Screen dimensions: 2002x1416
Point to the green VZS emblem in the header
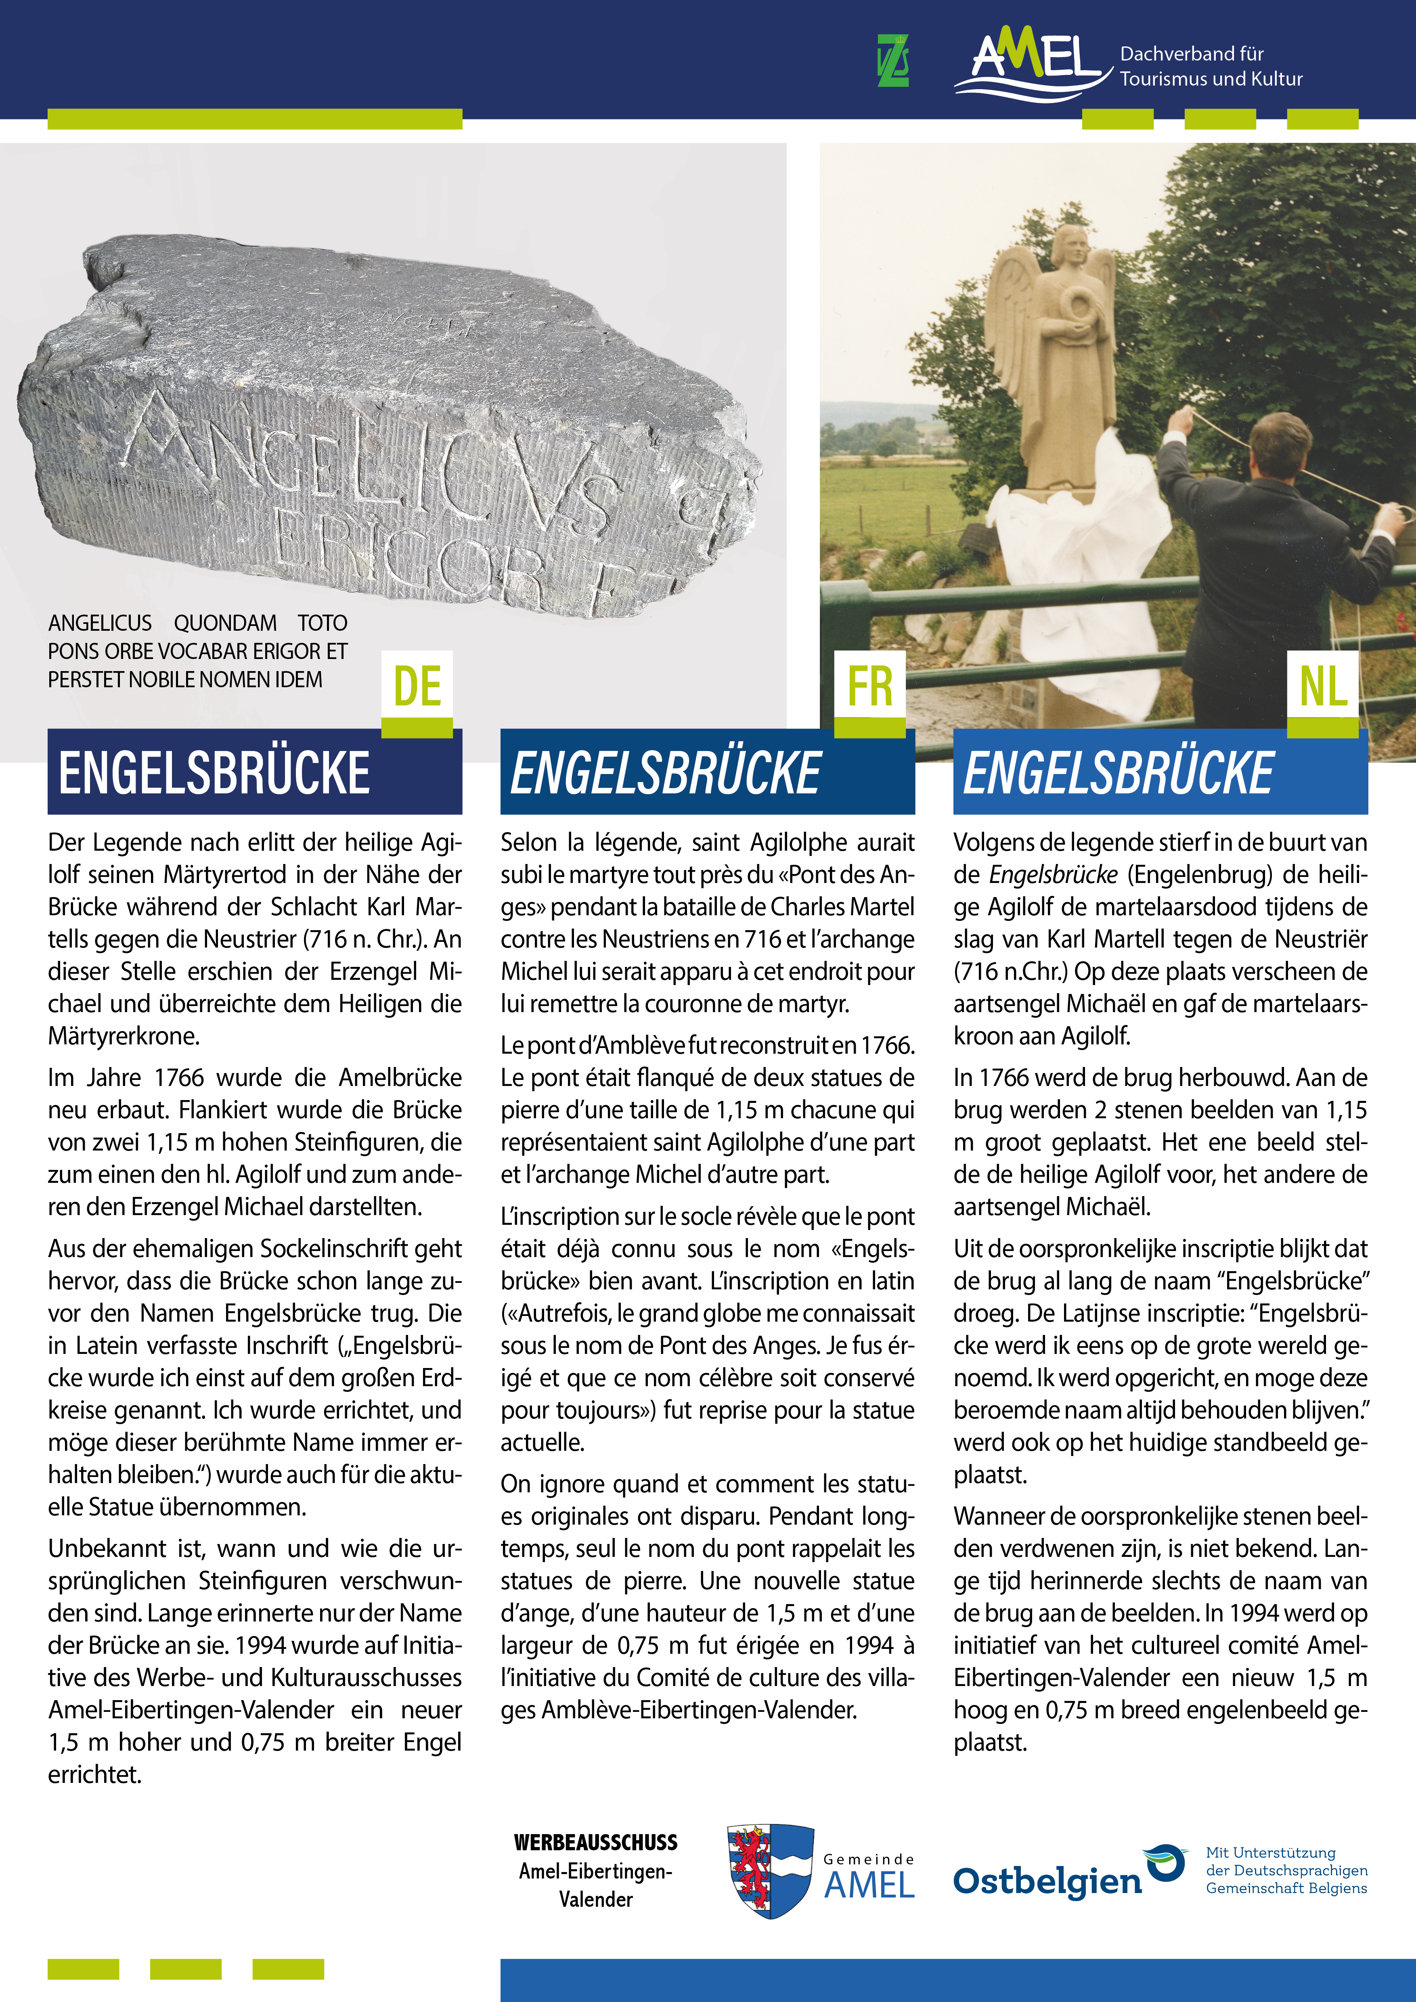click(x=893, y=61)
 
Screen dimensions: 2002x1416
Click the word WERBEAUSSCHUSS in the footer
click(x=595, y=1843)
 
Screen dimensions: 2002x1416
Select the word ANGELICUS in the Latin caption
click(x=99, y=623)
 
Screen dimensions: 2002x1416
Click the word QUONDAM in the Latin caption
click(x=225, y=623)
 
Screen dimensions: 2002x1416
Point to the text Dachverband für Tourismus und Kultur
click(x=1210, y=66)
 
